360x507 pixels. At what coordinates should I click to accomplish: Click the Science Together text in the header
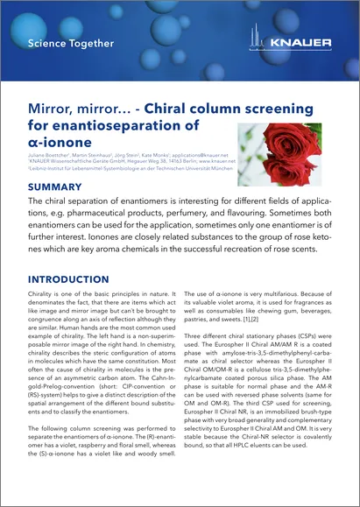71,43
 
